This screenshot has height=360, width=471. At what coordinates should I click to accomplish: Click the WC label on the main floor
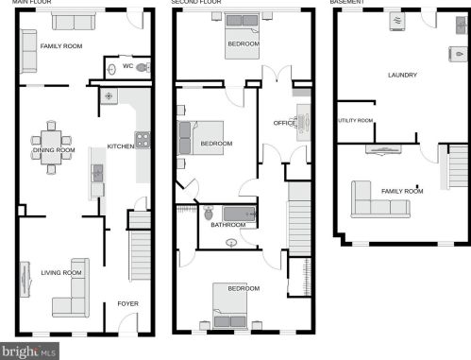(127, 66)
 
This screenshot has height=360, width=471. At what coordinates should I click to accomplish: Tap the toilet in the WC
(143, 67)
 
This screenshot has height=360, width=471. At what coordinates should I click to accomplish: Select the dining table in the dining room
(51, 147)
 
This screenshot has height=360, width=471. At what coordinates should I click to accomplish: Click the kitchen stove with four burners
(143, 140)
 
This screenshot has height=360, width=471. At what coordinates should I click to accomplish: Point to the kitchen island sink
(97, 173)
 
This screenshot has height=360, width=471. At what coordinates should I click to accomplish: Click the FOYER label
(127, 303)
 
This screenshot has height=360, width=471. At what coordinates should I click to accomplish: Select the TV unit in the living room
(25, 280)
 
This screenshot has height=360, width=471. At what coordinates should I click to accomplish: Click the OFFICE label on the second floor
(284, 123)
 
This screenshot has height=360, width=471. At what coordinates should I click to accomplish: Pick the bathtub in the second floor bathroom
(240, 214)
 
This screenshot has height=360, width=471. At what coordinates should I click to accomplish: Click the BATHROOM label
(228, 225)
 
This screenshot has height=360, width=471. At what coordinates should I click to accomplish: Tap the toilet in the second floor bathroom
(209, 213)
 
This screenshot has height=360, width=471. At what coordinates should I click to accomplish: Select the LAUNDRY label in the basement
(402, 75)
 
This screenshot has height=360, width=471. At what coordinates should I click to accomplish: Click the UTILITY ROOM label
(355, 120)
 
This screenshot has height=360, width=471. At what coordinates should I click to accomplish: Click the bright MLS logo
(29, 351)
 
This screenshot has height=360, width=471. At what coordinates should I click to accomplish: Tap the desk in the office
(304, 123)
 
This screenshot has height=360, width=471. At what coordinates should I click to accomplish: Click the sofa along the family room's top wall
(74, 22)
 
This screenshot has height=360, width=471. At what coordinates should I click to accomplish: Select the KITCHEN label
(121, 146)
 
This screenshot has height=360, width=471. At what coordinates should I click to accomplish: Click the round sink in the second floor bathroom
(231, 243)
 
